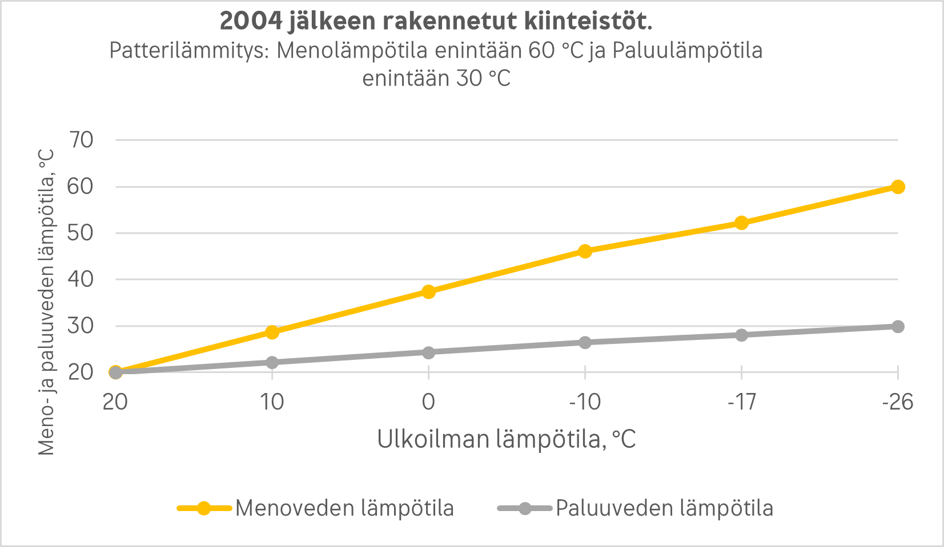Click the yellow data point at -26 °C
(x=898, y=187)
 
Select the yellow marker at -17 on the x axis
(x=741, y=223)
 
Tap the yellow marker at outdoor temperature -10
(x=585, y=251)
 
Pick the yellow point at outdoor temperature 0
(x=428, y=292)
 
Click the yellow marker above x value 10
(x=272, y=332)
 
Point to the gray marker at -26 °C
(x=898, y=326)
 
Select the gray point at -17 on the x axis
(x=741, y=335)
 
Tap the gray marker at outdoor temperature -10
(x=585, y=342)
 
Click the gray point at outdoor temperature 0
(x=428, y=352)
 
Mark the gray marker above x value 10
(x=272, y=362)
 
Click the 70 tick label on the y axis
(x=81, y=140)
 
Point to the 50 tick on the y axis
(x=81, y=233)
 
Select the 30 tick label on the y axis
(x=81, y=326)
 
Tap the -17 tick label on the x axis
(x=741, y=402)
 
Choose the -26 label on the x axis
(x=898, y=402)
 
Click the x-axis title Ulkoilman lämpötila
(x=506, y=440)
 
